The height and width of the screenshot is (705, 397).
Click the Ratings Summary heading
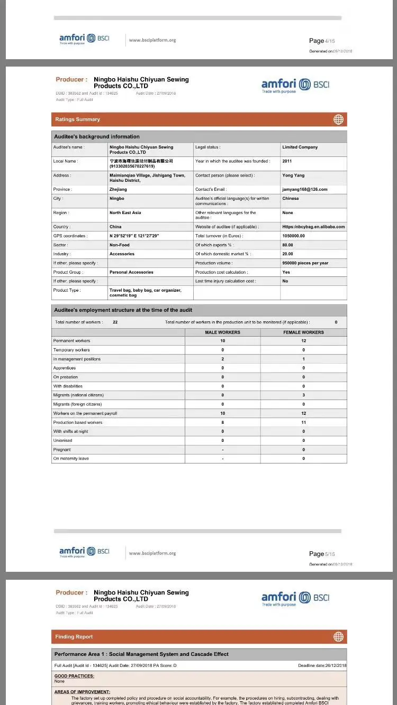77,119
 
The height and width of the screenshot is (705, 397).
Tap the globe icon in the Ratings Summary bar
338,119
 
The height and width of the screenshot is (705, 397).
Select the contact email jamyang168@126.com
304,189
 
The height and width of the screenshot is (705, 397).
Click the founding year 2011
287,161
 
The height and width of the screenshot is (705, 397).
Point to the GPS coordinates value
134,236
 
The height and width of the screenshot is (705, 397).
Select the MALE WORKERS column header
222,332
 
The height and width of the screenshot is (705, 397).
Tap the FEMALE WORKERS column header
303,332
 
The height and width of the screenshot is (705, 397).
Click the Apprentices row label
65,368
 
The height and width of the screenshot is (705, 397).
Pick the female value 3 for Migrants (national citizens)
303,395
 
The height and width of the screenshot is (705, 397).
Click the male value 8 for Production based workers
222,422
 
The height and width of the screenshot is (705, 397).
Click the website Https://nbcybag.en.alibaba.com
313,227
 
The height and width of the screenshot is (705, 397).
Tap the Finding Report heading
74,637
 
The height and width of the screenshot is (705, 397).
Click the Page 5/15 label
322,554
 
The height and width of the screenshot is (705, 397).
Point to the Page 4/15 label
322,41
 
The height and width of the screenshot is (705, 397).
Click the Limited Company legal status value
300,147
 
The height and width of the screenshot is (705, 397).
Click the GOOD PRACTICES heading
74,676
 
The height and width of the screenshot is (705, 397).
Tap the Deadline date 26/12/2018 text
322,665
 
